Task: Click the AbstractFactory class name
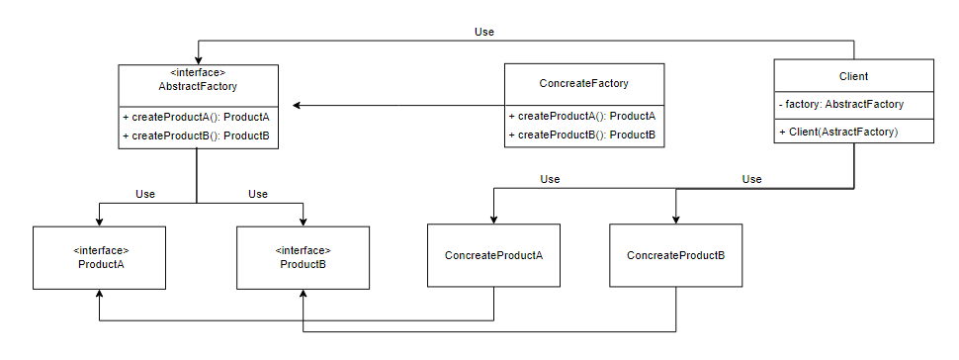click(x=198, y=86)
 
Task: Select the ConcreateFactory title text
click(x=583, y=84)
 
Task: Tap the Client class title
click(x=853, y=76)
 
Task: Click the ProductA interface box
click(x=99, y=258)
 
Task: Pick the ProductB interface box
click(x=303, y=258)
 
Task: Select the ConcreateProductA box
click(x=493, y=255)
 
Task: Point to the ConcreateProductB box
click(x=676, y=255)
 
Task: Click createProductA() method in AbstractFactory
click(x=197, y=117)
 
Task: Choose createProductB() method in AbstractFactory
click(x=197, y=135)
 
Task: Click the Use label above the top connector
click(x=483, y=32)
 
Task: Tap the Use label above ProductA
click(x=145, y=194)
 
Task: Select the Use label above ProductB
click(x=257, y=194)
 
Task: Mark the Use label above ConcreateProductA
click(x=550, y=179)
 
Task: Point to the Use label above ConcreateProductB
click(x=751, y=179)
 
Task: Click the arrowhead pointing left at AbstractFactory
click(x=298, y=105)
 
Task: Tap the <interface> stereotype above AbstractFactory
click(x=198, y=73)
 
